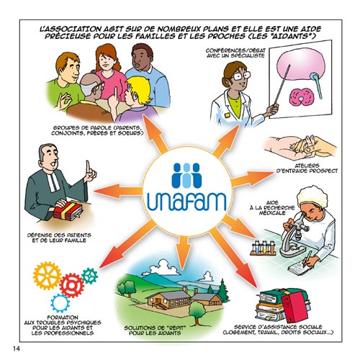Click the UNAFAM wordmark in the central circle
click(x=187, y=202)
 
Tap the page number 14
click(x=17, y=348)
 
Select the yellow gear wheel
click(x=47, y=276)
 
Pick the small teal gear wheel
click(x=89, y=276)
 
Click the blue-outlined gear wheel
click(x=60, y=303)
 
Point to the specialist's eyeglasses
click(x=240, y=76)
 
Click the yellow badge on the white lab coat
click(x=226, y=115)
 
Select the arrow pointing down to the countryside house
click(x=184, y=253)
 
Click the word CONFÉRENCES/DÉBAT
click(x=235, y=50)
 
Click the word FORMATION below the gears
click(x=63, y=318)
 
